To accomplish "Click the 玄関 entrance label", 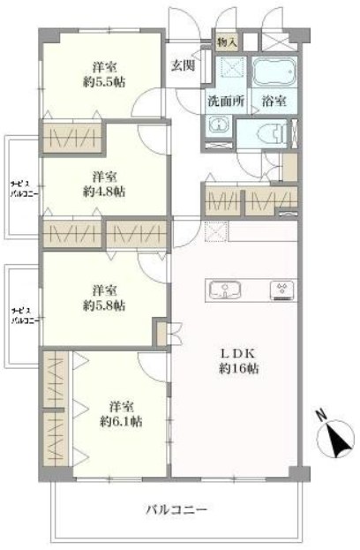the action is pyautogui.click(x=183, y=65).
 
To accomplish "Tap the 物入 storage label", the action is pyautogui.click(x=227, y=42).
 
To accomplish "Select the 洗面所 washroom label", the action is pyautogui.click(x=225, y=101).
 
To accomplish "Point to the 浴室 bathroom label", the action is pyautogui.click(x=274, y=101).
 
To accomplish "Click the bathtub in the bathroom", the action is pyautogui.click(x=274, y=72).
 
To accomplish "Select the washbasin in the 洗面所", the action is pyautogui.click(x=219, y=125).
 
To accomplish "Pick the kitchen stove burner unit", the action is pyautogui.click(x=283, y=290).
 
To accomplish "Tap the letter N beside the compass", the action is pyautogui.click(x=321, y=415).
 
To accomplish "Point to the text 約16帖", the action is pyautogui.click(x=239, y=369).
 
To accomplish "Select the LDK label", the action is pyautogui.click(x=239, y=353).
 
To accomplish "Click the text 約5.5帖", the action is pyautogui.click(x=104, y=82).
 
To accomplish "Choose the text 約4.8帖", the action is pyautogui.click(x=104, y=192).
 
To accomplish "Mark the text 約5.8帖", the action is pyautogui.click(x=104, y=305).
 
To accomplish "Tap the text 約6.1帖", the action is pyautogui.click(x=121, y=422).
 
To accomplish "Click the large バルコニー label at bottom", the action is pyautogui.click(x=176, y=509).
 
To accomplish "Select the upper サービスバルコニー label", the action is pyautogui.click(x=24, y=190).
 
